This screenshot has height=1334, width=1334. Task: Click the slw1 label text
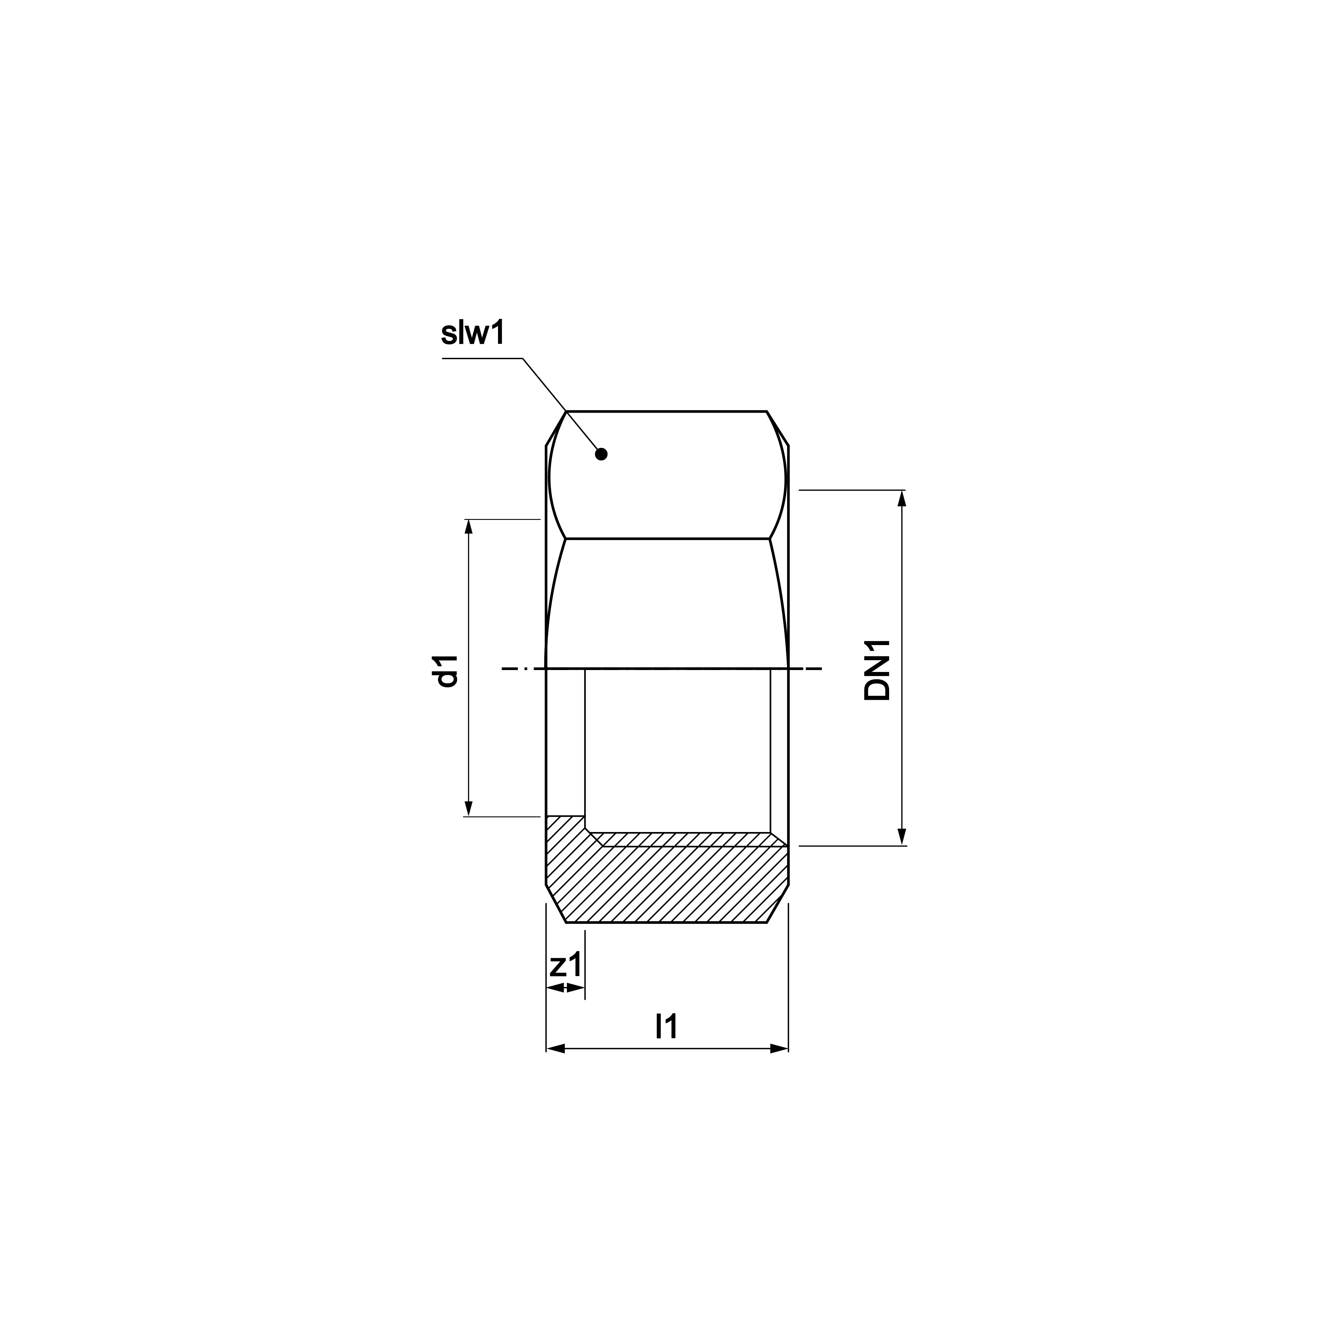click(x=473, y=333)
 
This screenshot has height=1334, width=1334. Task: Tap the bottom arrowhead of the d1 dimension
click(x=469, y=809)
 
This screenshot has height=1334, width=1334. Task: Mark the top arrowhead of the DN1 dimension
click(x=902, y=498)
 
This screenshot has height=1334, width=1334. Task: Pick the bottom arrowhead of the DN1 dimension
click(x=902, y=837)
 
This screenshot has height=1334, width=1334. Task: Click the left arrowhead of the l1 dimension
click(x=555, y=1049)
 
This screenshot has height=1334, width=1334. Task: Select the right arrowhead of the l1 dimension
click(x=780, y=1049)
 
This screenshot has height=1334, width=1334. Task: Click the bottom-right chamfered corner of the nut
click(x=778, y=904)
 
